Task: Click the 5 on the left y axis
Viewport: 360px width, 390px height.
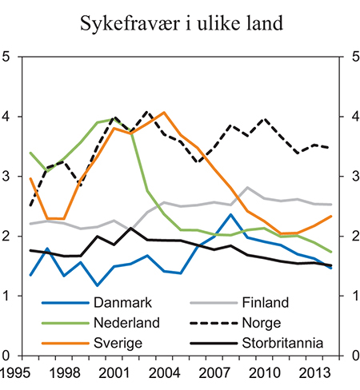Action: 7,58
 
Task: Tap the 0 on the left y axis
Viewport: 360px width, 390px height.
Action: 7,356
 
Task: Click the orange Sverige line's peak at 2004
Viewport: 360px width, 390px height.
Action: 163,113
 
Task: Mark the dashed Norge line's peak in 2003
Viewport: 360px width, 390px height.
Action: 147,112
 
